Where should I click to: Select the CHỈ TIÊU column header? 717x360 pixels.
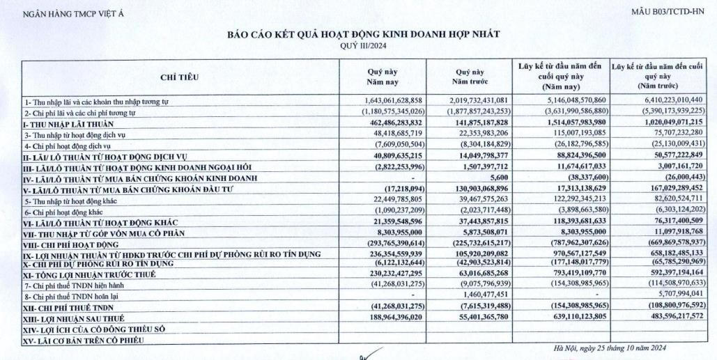(180, 79)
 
